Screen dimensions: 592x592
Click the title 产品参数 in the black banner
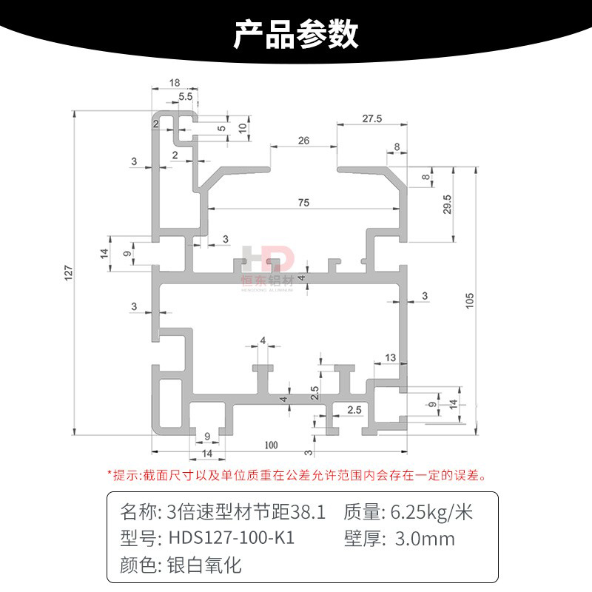[296, 33]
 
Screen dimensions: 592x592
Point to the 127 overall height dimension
[68, 273]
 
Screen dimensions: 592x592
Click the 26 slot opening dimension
[303, 140]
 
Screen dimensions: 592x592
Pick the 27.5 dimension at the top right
[371, 118]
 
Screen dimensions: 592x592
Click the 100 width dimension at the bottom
[269, 445]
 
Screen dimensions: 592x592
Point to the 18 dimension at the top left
[175, 83]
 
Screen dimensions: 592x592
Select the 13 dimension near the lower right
[391, 358]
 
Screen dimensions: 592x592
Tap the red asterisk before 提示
[110, 474]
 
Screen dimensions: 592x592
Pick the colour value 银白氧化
[201, 566]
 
